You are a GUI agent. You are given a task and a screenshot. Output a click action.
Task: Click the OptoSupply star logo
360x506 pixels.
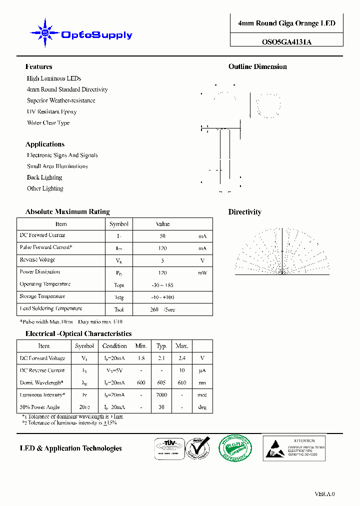(45, 33)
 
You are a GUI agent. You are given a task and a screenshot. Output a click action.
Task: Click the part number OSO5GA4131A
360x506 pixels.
(286, 42)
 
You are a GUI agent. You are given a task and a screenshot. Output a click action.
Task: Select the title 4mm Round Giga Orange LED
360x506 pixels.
(286, 23)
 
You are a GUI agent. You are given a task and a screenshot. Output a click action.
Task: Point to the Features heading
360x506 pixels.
(38, 66)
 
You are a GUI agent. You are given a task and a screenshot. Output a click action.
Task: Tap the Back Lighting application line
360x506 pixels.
(44, 177)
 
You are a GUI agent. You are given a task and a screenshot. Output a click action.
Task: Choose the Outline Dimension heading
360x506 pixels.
(257, 66)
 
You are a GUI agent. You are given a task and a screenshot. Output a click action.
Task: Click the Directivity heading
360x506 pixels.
(244, 212)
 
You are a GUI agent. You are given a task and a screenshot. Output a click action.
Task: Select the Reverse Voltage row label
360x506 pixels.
(37, 260)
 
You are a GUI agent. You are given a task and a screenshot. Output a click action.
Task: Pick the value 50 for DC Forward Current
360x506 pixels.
(162, 236)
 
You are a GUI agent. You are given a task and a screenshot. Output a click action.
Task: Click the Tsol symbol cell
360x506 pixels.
(119, 309)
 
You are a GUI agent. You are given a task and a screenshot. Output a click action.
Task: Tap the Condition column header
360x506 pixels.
(114, 346)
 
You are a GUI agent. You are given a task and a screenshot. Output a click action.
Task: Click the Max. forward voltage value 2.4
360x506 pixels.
(181, 358)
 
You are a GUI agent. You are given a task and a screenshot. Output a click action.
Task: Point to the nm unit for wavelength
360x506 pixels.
(202, 383)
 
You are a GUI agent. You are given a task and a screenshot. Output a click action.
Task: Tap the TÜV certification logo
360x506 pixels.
(168, 447)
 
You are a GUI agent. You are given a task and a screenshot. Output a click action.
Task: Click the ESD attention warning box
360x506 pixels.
(294, 447)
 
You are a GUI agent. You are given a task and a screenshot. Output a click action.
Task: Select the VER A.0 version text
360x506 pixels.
(324, 494)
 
